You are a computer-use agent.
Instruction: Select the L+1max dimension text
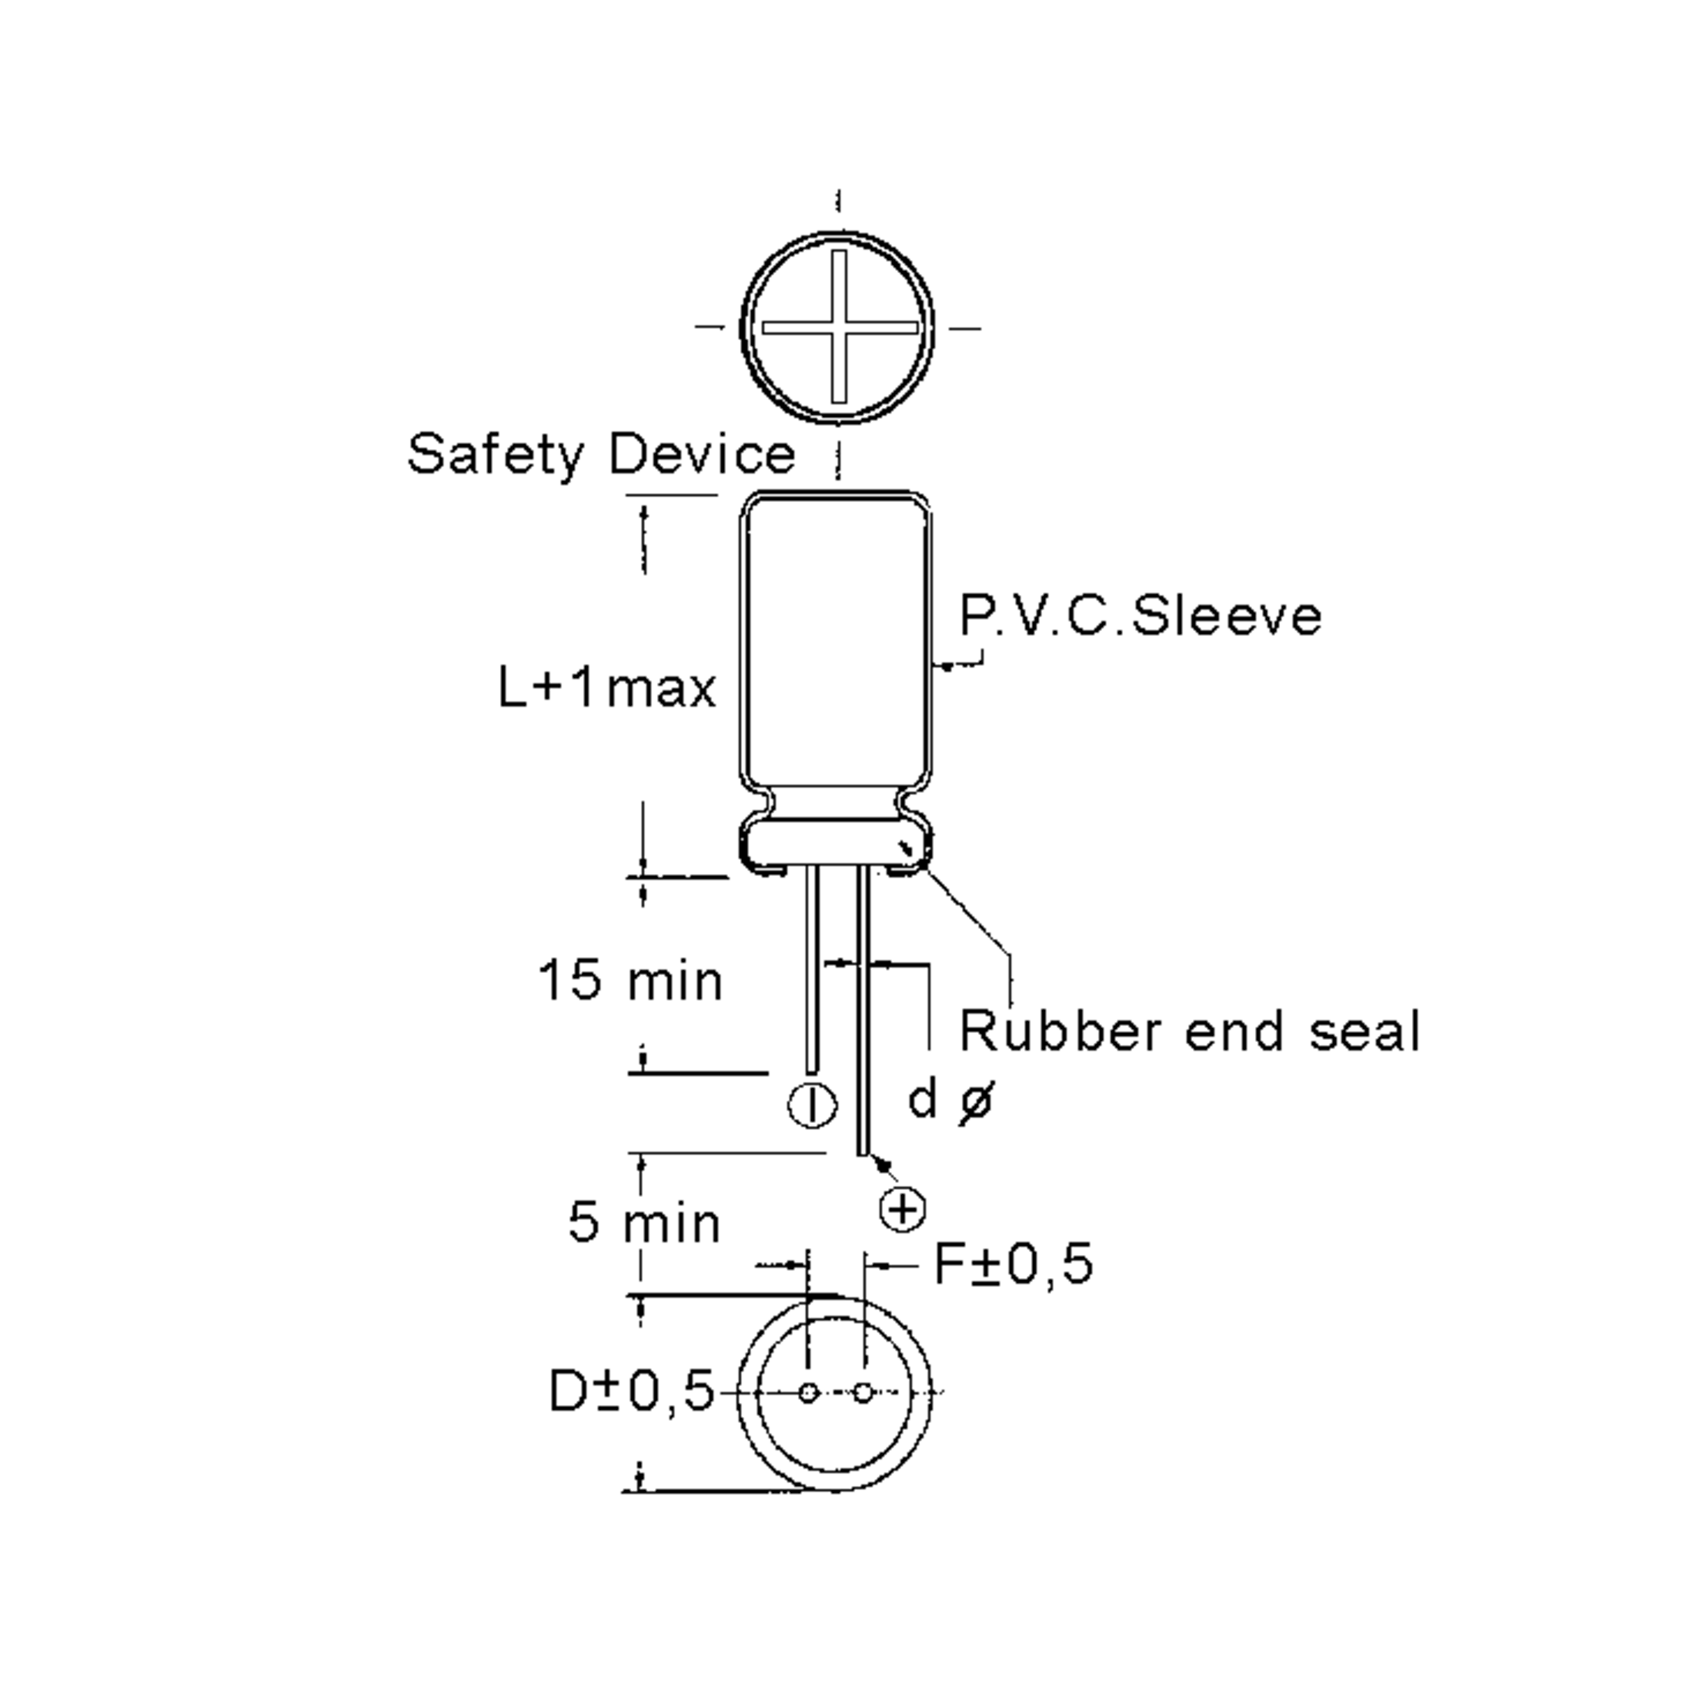pos(606,687)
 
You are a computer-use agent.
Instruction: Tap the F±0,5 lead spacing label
pos(1014,1264)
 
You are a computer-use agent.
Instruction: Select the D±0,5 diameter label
pos(631,1391)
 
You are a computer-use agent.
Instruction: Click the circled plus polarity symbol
pos(902,1210)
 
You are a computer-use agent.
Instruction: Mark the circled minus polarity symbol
pos(813,1105)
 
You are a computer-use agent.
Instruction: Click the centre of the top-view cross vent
pos(838,327)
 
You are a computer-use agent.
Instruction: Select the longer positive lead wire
pos(863,1015)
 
